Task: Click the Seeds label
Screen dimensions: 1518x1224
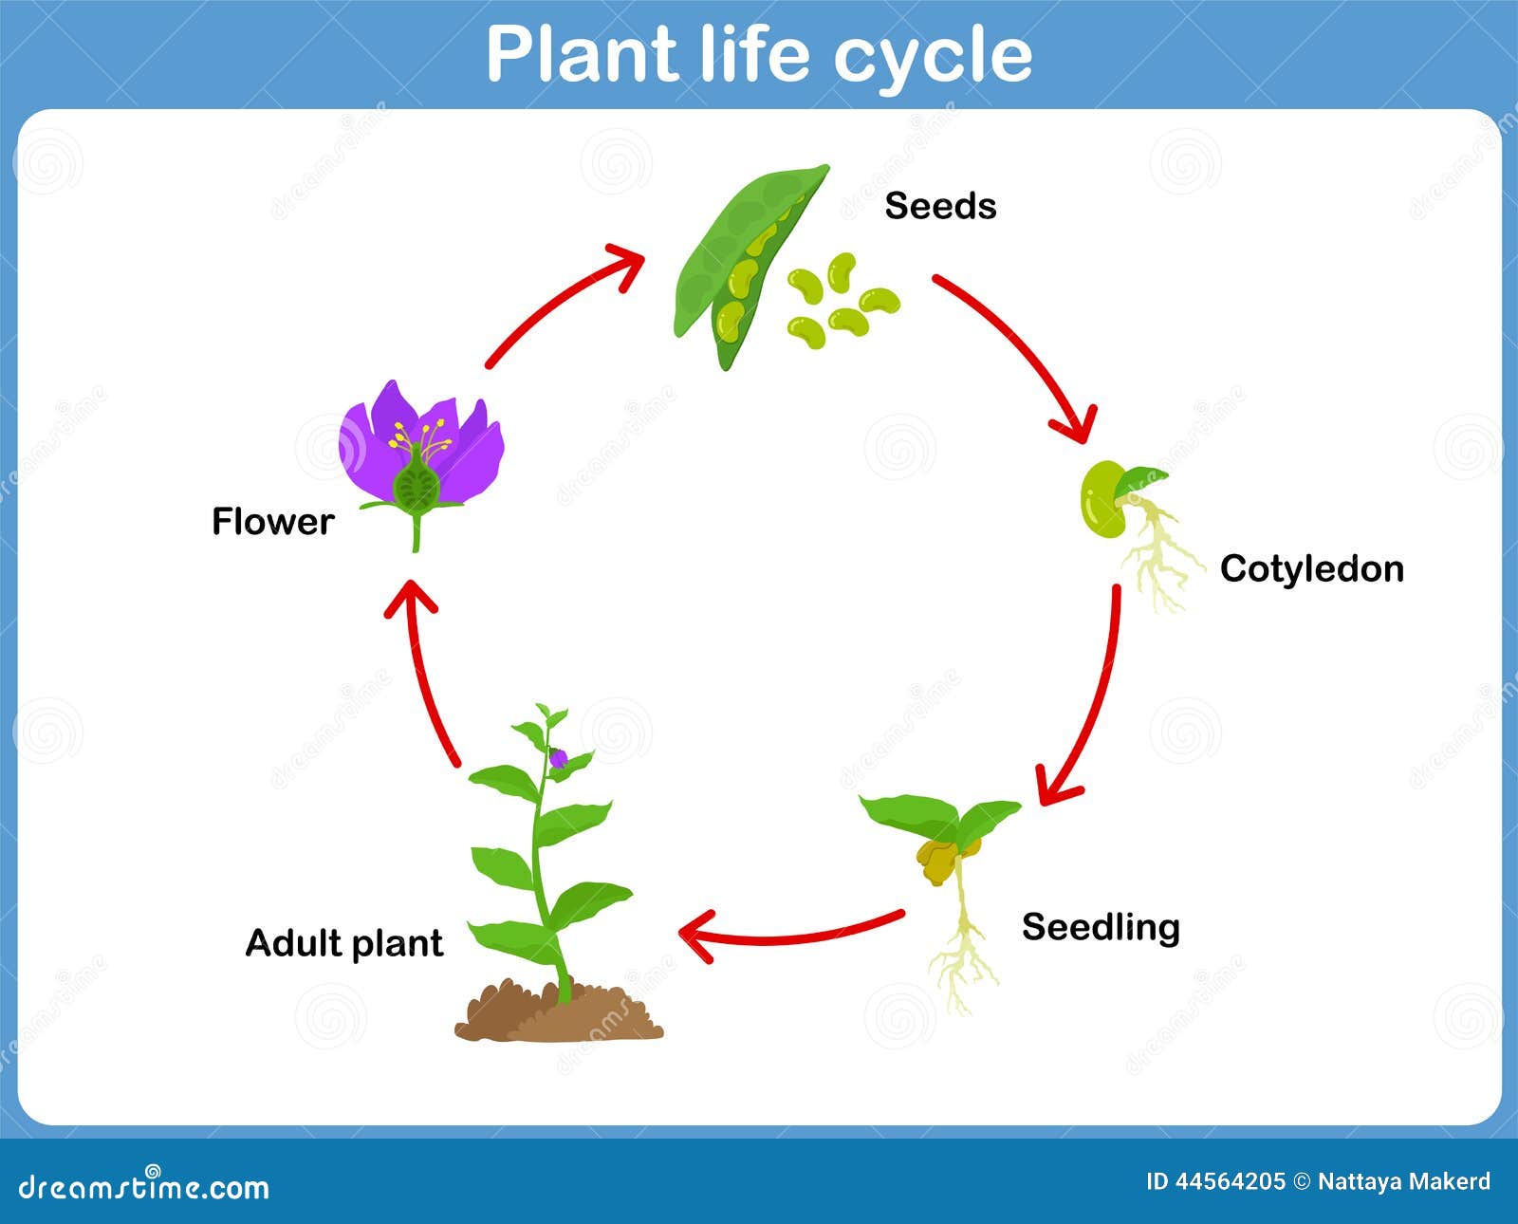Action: pos(940,206)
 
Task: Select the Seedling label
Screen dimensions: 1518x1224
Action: pos(1101,928)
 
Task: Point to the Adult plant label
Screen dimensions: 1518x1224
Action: pos(344,944)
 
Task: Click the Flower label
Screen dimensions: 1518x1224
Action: pos(273,522)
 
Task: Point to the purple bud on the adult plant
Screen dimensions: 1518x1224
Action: pos(558,758)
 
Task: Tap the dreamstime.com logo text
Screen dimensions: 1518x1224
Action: pos(143,1187)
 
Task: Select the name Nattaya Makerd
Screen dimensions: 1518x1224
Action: pos(1404,1181)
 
